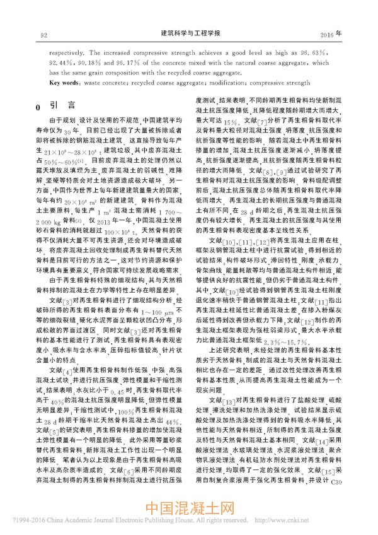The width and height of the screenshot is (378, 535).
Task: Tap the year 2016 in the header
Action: click(x=328, y=32)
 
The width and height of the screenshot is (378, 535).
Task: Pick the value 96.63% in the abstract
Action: click(x=311, y=55)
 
